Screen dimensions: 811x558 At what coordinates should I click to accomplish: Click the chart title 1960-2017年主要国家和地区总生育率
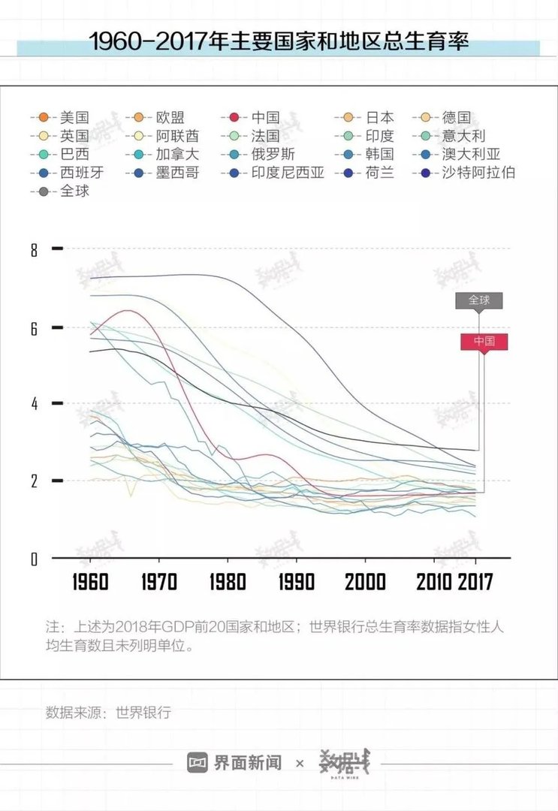(x=279, y=42)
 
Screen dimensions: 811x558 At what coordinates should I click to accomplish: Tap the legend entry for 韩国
(x=379, y=155)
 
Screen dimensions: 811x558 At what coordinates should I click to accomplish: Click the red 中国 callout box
(x=484, y=341)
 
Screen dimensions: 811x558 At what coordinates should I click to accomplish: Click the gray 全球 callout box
(x=479, y=300)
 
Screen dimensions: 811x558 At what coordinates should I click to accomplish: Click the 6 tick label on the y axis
(x=34, y=328)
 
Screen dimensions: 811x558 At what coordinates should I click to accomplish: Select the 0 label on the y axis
(x=34, y=559)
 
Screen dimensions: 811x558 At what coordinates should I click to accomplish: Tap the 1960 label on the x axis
(x=90, y=582)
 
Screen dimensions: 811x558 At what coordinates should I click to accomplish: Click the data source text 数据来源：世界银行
(x=108, y=712)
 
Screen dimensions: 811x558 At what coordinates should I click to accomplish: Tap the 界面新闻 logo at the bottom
(x=234, y=763)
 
